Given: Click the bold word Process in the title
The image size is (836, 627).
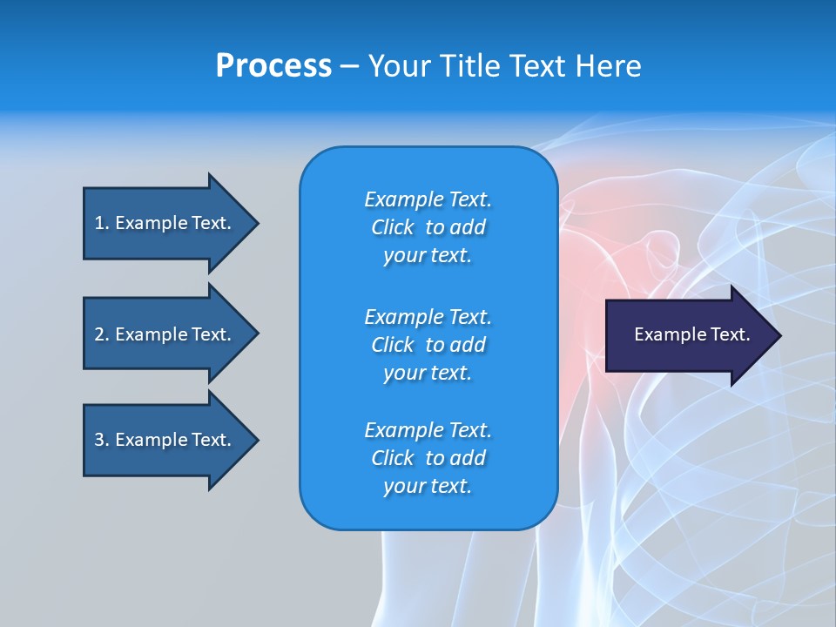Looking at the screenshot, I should coord(273,66).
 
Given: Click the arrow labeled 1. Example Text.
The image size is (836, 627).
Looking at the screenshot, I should coord(165,223).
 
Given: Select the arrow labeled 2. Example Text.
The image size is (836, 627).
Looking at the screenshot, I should coord(165,334).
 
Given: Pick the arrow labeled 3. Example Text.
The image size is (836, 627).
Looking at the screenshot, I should coord(165,440).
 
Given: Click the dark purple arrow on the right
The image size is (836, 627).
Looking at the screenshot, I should coord(688,335).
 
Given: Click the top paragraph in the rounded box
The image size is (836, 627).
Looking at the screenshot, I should coord(428,227).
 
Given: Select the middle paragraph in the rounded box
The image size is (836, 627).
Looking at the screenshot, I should coord(428,345).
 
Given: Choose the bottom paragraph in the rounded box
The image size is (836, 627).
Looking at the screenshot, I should coord(428,458).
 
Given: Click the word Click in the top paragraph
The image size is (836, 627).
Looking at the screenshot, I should coord(393,227).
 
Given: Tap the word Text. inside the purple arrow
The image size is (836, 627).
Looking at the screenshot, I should coord(729,334).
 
